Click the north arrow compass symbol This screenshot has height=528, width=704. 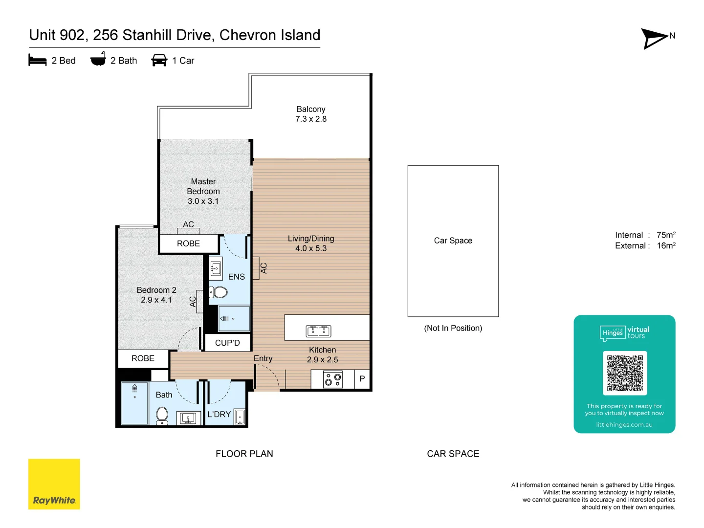[654, 39]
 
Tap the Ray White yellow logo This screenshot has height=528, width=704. [54, 484]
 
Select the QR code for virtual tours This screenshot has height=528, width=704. [624, 373]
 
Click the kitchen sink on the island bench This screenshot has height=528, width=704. [318, 331]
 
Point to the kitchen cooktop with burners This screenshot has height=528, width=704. [332, 379]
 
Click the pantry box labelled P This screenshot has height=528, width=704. [362, 379]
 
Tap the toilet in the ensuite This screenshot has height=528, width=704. [218, 292]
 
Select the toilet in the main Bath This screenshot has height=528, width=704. [162, 416]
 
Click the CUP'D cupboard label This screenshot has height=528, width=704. [227, 343]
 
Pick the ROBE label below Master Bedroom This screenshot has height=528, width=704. [188, 243]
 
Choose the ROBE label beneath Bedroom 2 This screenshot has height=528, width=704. [143, 358]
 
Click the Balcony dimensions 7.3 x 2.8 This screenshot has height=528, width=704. [311, 119]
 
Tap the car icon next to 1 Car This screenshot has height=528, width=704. [159, 60]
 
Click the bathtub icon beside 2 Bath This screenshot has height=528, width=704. [98, 59]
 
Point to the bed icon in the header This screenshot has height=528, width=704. [38, 60]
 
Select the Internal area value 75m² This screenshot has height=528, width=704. [666, 235]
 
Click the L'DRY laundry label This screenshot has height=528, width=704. [219, 414]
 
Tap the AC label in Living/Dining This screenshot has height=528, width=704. [264, 268]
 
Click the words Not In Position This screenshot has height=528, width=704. [453, 328]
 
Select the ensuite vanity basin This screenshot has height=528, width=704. [216, 268]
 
